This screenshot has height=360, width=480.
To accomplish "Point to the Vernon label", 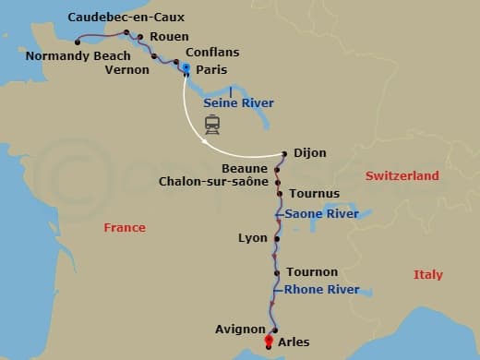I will pos(127,69).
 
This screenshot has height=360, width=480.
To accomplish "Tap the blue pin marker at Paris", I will pos(186,69).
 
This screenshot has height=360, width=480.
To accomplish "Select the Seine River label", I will pos(238,103).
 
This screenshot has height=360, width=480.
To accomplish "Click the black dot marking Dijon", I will pos(284,153).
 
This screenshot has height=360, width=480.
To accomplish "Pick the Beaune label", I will pos(245,168).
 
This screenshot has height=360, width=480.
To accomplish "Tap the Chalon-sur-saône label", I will pos(213,181).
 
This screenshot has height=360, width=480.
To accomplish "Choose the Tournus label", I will pos(315,194).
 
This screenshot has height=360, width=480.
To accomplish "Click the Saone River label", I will pos(321,214).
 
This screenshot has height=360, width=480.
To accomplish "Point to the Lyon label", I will pos(252,237).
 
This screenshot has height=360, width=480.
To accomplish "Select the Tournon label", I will pos(312,272).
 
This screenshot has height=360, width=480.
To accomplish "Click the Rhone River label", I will pos(322,290).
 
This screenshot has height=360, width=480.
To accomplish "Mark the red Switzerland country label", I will pos(402,175).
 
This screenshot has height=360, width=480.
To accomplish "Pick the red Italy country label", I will pos(428,275).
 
